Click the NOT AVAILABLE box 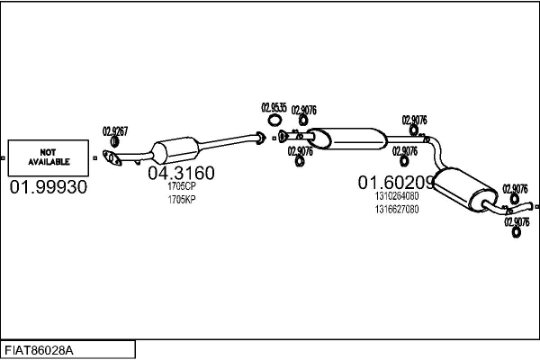pos(49,157)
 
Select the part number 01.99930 pos(49,187)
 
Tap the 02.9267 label pos(114,130)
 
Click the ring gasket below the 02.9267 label pos(114,142)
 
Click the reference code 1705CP pos(181,186)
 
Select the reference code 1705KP pos(181,198)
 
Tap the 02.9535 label pos(274,108)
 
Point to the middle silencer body pos(351,139)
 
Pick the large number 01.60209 pos(396,182)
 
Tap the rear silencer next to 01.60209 pos(465,184)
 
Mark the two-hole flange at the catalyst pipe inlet pos(112,160)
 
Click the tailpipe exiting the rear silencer pos(502,211)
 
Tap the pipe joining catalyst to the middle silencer pos(225,142)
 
